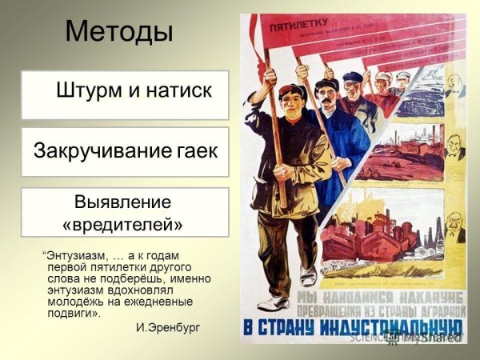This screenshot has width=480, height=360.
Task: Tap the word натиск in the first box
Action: coord(176,90)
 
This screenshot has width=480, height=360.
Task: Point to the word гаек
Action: coord(197,150)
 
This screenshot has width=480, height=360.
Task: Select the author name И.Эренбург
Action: coord(168,328)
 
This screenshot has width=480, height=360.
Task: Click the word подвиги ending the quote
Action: coord(80,313)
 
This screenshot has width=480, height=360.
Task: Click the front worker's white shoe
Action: coord(274,302)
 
